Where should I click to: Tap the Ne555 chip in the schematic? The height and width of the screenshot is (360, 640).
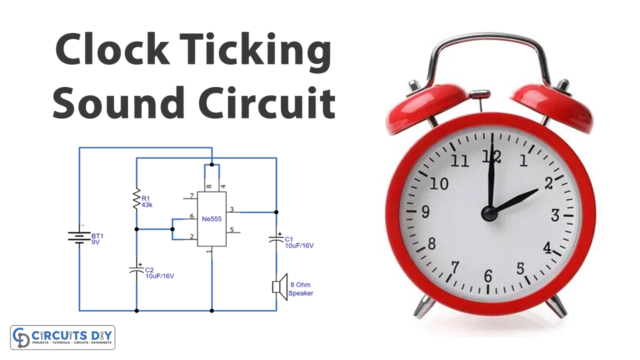[x=210, y=218]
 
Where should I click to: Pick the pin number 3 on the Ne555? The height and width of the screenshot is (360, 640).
[x=231, y=209]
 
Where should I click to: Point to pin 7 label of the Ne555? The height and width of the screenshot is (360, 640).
[x=190, y=196]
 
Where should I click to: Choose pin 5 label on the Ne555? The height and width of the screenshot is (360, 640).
[x=231, y=230]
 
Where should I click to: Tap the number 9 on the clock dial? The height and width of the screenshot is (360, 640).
[x=425, y=212]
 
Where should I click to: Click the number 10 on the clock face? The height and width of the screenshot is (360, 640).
[x=436, y=183]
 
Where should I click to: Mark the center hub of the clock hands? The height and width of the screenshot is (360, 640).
[x=489, y=213]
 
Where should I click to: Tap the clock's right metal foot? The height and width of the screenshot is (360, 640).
[x=561, y=306]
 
